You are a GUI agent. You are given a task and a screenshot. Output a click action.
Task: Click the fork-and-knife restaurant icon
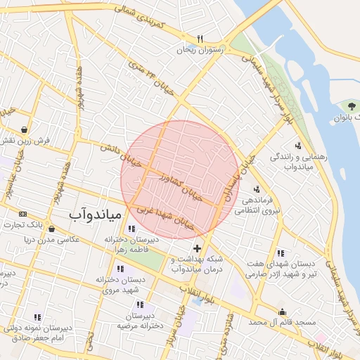click(x=200, y=39)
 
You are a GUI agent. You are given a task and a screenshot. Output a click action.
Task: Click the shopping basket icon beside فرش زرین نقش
click(x=25, y=130)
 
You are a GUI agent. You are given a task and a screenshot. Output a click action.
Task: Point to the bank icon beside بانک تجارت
click(x=23, y=213)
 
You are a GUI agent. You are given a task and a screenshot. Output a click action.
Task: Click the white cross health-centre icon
click(x=196, y=248)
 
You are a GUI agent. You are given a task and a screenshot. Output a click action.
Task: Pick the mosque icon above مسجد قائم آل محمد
click(x=283, y=311)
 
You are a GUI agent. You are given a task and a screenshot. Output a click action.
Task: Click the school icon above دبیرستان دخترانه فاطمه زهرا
click(x=131, y=228)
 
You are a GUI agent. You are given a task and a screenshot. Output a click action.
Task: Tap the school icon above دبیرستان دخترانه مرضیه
click(x=141, y=304)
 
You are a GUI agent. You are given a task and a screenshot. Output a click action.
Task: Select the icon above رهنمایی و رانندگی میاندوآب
click(x=298, y=146)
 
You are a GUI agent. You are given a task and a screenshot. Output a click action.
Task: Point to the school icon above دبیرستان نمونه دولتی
click(x=37, y=316)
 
